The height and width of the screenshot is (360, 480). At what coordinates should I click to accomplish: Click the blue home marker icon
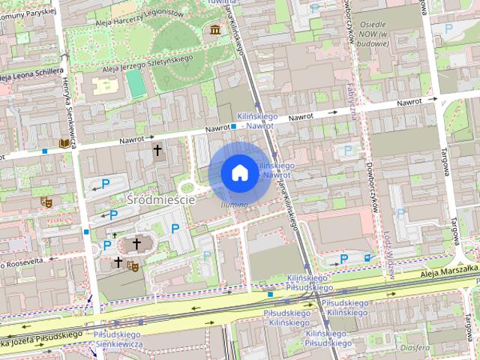click(239, 172)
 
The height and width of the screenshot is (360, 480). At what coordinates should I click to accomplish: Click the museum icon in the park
click(216, 29)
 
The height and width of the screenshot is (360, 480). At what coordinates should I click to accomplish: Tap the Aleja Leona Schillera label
click(30, 75)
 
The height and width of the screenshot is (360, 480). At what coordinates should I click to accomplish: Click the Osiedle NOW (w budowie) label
click(373, 34)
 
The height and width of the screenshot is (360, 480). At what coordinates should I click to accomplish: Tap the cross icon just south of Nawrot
click(157, 150)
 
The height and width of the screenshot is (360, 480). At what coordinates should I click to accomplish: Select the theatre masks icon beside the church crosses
click(133, 265)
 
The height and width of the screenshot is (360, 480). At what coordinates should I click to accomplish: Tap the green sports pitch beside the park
click(135, 82)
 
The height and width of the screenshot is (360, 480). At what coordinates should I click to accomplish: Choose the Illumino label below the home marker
click(234, 204)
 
